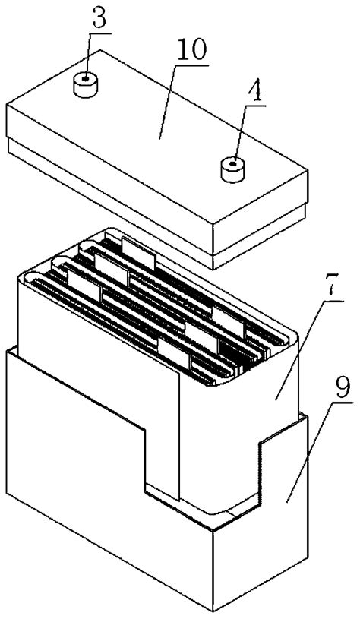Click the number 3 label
pyautogui.click(x=97, y=20)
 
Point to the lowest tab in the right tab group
pyautogui.click(x=174, y=351)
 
